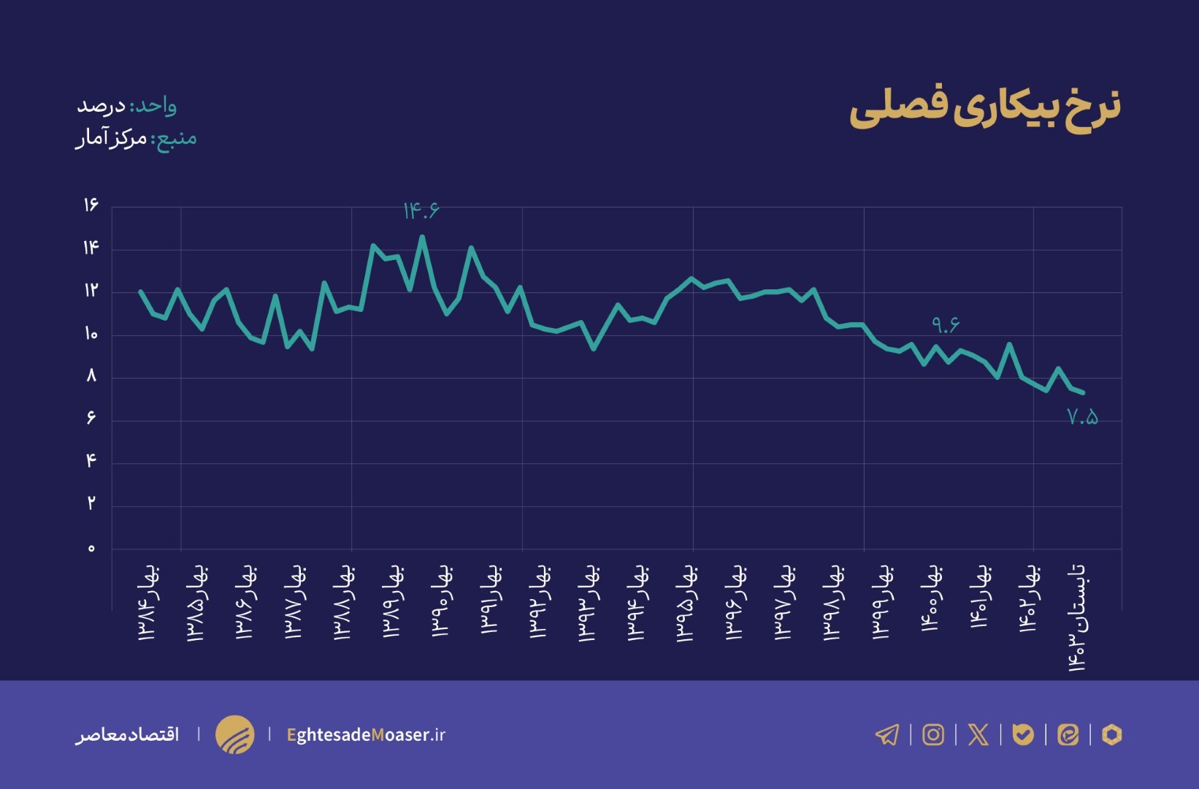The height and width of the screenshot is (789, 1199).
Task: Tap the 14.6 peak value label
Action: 421,210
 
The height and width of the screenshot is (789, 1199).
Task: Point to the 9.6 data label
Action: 946,324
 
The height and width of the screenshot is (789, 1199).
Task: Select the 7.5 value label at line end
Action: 1082,417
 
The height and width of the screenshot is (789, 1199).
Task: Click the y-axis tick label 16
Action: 91,205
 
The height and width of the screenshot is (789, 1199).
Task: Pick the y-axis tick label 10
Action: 91,335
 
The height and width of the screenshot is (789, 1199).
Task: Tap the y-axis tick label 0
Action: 91,549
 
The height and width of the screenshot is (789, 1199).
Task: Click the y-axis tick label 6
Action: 91,418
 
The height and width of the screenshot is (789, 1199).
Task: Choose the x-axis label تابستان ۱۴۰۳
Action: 1077,617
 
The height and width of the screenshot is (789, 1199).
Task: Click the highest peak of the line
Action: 422,237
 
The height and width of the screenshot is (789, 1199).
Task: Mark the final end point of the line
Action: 1082,393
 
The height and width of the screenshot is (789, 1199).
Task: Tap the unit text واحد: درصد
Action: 127,106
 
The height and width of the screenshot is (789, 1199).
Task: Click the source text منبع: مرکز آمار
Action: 137,138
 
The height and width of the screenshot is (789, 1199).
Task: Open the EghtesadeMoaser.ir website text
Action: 366,735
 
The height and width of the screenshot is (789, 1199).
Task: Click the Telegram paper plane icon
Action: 887,734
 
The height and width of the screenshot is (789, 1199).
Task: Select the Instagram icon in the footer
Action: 932,734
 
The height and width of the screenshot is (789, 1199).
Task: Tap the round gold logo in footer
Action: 234,734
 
